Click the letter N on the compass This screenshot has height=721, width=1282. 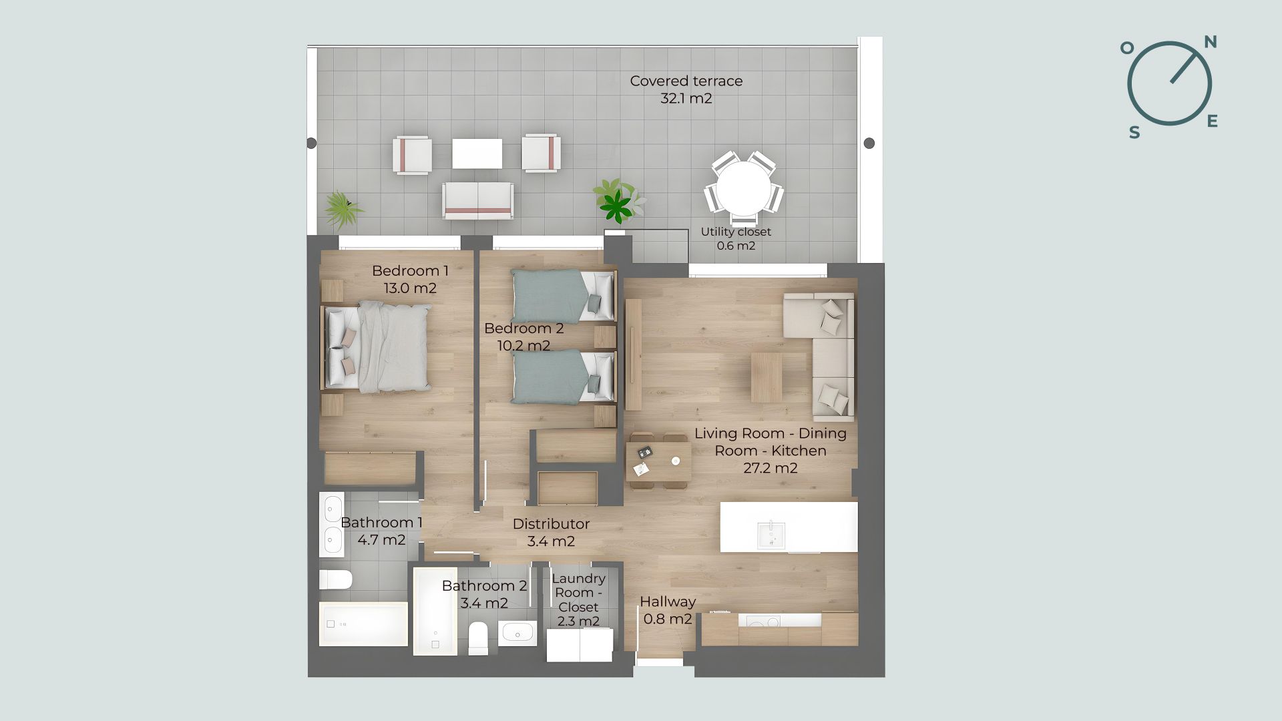pos(1210,42)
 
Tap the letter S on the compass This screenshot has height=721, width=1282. pos(1134,132)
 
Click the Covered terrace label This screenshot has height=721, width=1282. pos(686,81)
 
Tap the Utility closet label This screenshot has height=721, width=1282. pos(736,232)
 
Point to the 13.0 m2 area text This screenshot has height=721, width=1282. pos(410,288)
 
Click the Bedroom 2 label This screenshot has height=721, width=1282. pos(524,328)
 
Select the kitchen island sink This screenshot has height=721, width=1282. pos(771,535)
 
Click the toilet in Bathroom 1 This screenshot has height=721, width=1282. pos(335,579)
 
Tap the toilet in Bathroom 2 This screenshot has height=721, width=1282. pos(478,638)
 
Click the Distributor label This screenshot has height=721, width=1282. pos(551,524)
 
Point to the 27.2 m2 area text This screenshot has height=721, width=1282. pos(771,468)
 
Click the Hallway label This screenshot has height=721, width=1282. pos(668,602)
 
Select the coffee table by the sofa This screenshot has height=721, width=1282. pos(767,377)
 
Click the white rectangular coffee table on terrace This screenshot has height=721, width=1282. pos(477,154)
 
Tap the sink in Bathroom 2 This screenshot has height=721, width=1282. pos(517,632)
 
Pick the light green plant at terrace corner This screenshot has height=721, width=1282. pos(343,209)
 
